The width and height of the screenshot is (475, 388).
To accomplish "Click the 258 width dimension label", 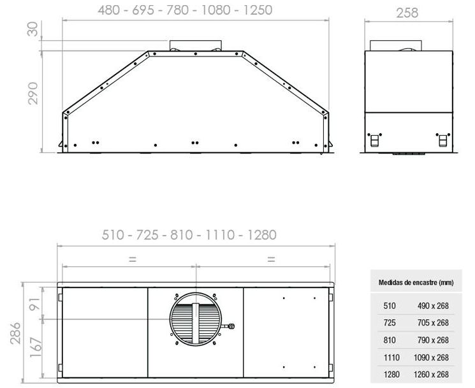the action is point(407,13).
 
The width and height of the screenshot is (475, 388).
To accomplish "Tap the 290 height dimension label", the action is point(33,94).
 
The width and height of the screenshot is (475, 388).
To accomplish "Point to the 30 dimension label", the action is point(33,29).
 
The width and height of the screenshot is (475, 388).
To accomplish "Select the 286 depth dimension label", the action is point(15,333).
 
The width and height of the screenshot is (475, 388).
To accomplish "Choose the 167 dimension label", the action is point(36,347).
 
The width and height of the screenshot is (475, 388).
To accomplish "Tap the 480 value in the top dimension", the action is point(109,10).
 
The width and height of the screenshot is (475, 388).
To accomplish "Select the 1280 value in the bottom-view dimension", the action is point(262,235).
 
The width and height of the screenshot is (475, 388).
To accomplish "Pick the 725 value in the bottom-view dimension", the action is point(147,235).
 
